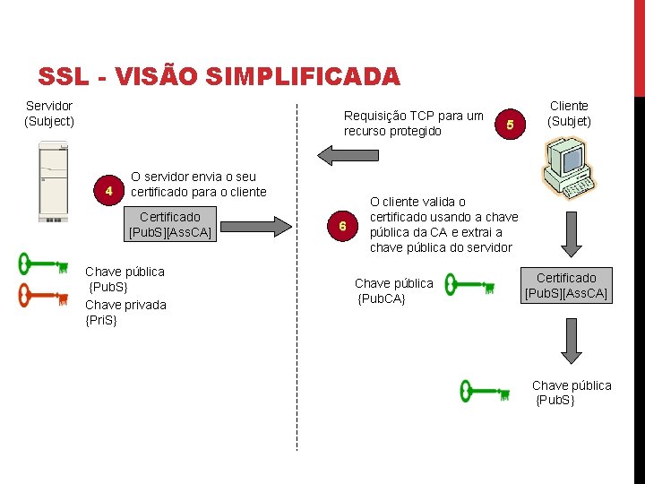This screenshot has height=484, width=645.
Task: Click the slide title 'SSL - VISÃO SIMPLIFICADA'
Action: pos(219,77)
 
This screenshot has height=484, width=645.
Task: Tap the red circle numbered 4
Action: pos(108,191)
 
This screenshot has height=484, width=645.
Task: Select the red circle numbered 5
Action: pos(511,125)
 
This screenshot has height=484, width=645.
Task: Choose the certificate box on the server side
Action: pos(170,224)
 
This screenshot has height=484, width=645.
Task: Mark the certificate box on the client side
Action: pos(566,285)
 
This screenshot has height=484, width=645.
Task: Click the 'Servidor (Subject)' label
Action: pos(49,113)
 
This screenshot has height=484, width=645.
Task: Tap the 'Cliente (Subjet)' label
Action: pos(570,113)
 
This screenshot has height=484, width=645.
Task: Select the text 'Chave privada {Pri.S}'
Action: pos(125,312)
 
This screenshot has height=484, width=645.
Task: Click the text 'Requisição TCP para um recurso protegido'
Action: pos(414,123)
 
